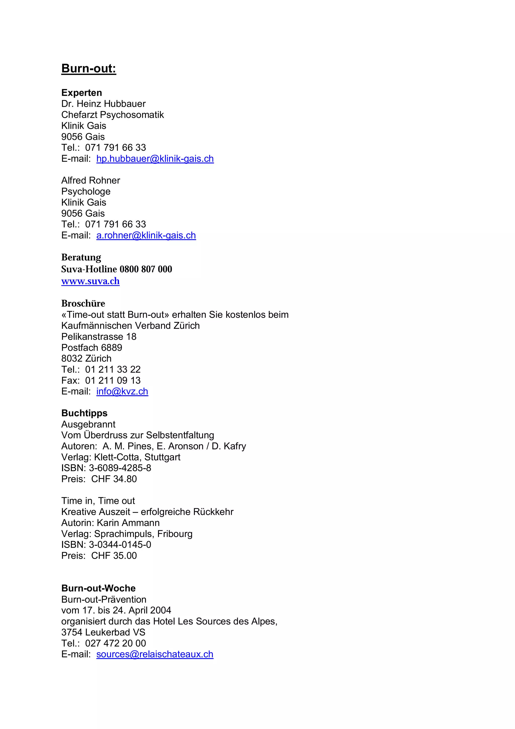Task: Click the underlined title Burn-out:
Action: click(x=89, y=68)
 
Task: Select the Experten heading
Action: click(x=81, y=93)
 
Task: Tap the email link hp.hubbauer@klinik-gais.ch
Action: click(x=155, y=158)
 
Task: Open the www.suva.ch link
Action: click(x=91, y=281)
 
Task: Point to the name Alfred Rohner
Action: click(x=91, y=180)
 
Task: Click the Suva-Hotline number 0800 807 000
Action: click(x=146, y=269)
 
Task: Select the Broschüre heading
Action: click(x=83, y=304)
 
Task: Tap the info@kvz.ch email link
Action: click(x=122, y=391)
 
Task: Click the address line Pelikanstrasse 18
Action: click(x=99, y=337)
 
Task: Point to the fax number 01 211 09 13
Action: click(x=113, y=380)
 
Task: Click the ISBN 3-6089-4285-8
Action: click(x=120, y=468)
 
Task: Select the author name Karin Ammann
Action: click(x=128, y=523)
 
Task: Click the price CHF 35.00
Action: click(x=114, y=556)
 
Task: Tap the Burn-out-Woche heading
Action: click(x=98, y=588)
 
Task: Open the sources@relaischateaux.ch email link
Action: click(x=155, y=654)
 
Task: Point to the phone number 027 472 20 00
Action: click(x=115, y=643)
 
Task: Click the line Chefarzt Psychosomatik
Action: click(x=112, y=115)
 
